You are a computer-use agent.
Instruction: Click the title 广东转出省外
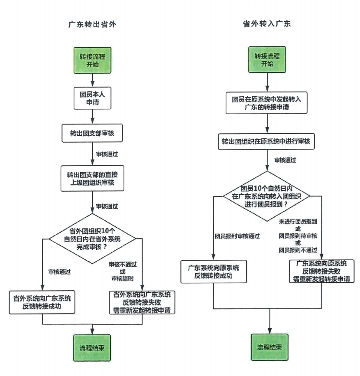point(92,24)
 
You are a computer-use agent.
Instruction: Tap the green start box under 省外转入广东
point(267,60)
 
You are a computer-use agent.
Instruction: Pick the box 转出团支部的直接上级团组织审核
point(92,178)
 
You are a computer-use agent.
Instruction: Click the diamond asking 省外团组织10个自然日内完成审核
point(92,238)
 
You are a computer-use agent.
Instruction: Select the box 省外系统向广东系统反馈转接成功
point(42,302)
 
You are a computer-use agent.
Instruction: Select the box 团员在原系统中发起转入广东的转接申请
point(267,103)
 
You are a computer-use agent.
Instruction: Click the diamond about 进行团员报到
point(267,196)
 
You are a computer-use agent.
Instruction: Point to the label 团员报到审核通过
point(237,236)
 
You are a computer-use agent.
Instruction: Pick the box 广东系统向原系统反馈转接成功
point(214,271)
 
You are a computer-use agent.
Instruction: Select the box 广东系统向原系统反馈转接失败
point(321,271)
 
